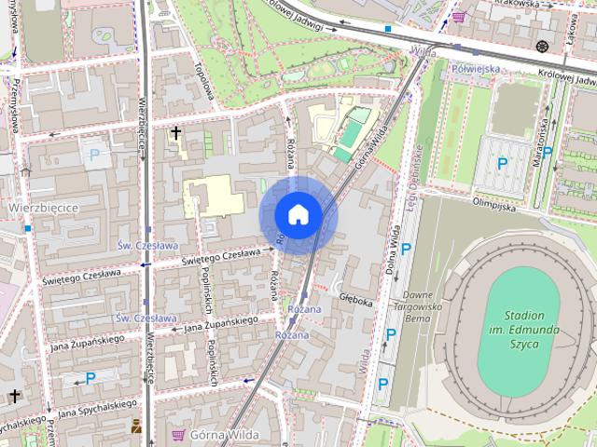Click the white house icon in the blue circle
click(298, 215)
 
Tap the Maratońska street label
click(537, 142)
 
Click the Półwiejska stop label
click(475, 68)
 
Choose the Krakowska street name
click(520, 4)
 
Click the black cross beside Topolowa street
click(175, 134)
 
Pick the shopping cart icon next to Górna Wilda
click(177, 434)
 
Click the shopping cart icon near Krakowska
click(458, 16)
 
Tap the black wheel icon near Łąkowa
click(542, 46)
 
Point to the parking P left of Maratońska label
click(502, 164)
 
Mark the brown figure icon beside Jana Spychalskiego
click(137, 427)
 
